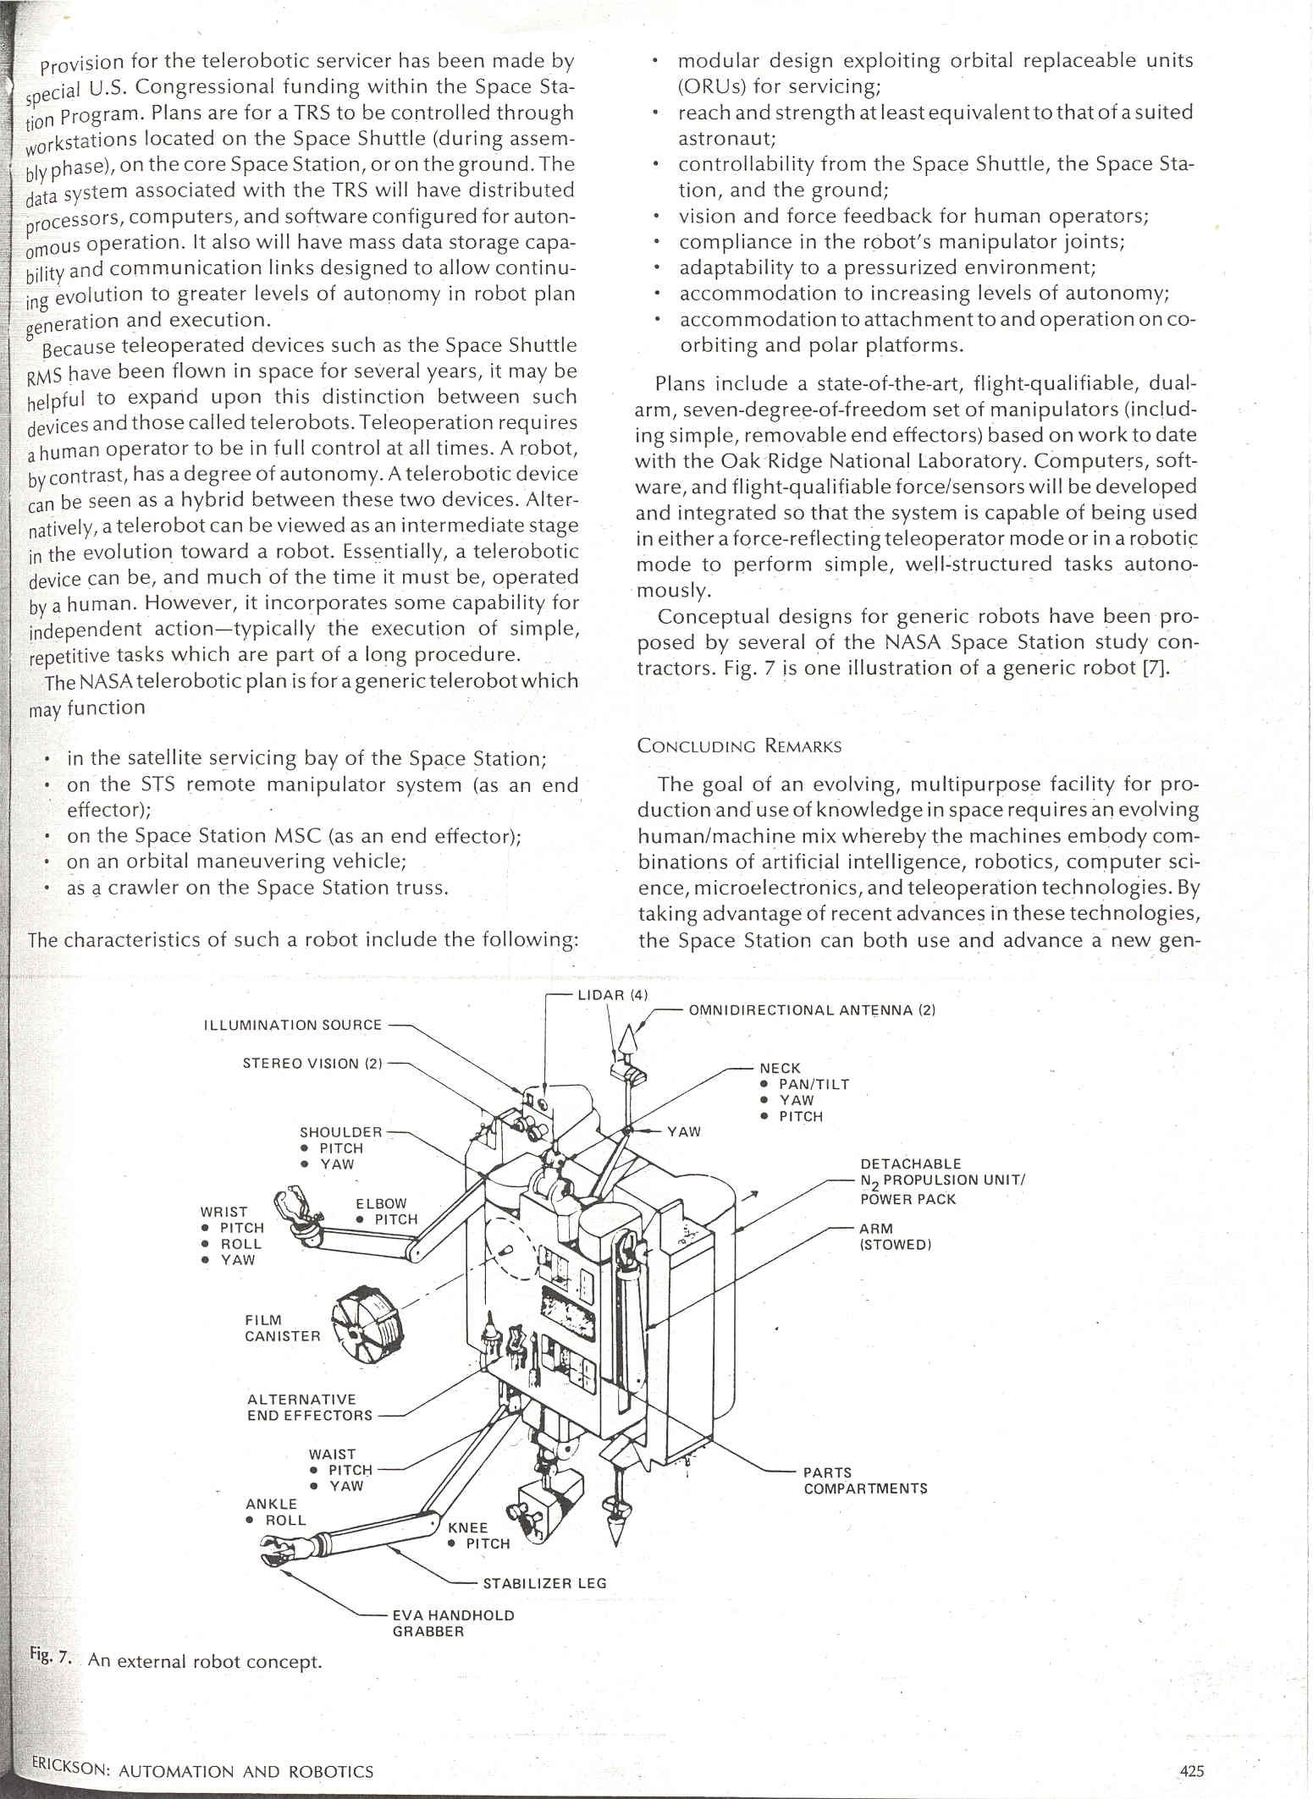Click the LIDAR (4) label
tap(612, 995)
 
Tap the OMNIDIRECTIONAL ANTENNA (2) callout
tap(811, 1010)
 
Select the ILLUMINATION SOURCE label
tap(293, 1025)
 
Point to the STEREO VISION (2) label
tap(312, 1064)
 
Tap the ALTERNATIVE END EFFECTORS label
tap(309, 1407)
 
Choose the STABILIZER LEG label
tap(544, 1582)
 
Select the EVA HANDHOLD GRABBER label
tap(453, 1622)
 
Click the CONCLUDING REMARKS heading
tap(739, 746)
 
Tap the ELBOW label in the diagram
tap(381, 1203)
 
